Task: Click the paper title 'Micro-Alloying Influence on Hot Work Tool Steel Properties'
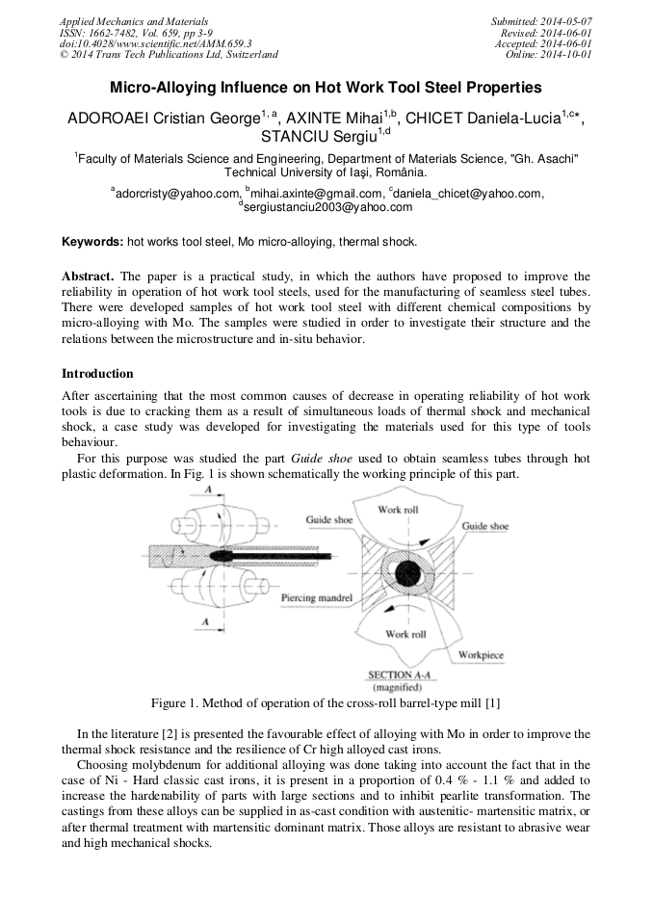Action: point(326,88)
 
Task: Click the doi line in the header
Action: point(155,43)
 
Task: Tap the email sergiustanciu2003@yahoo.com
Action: point(327,207)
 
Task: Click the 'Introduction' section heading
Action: point(97,373)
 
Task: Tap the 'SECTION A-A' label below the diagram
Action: point(396,674)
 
